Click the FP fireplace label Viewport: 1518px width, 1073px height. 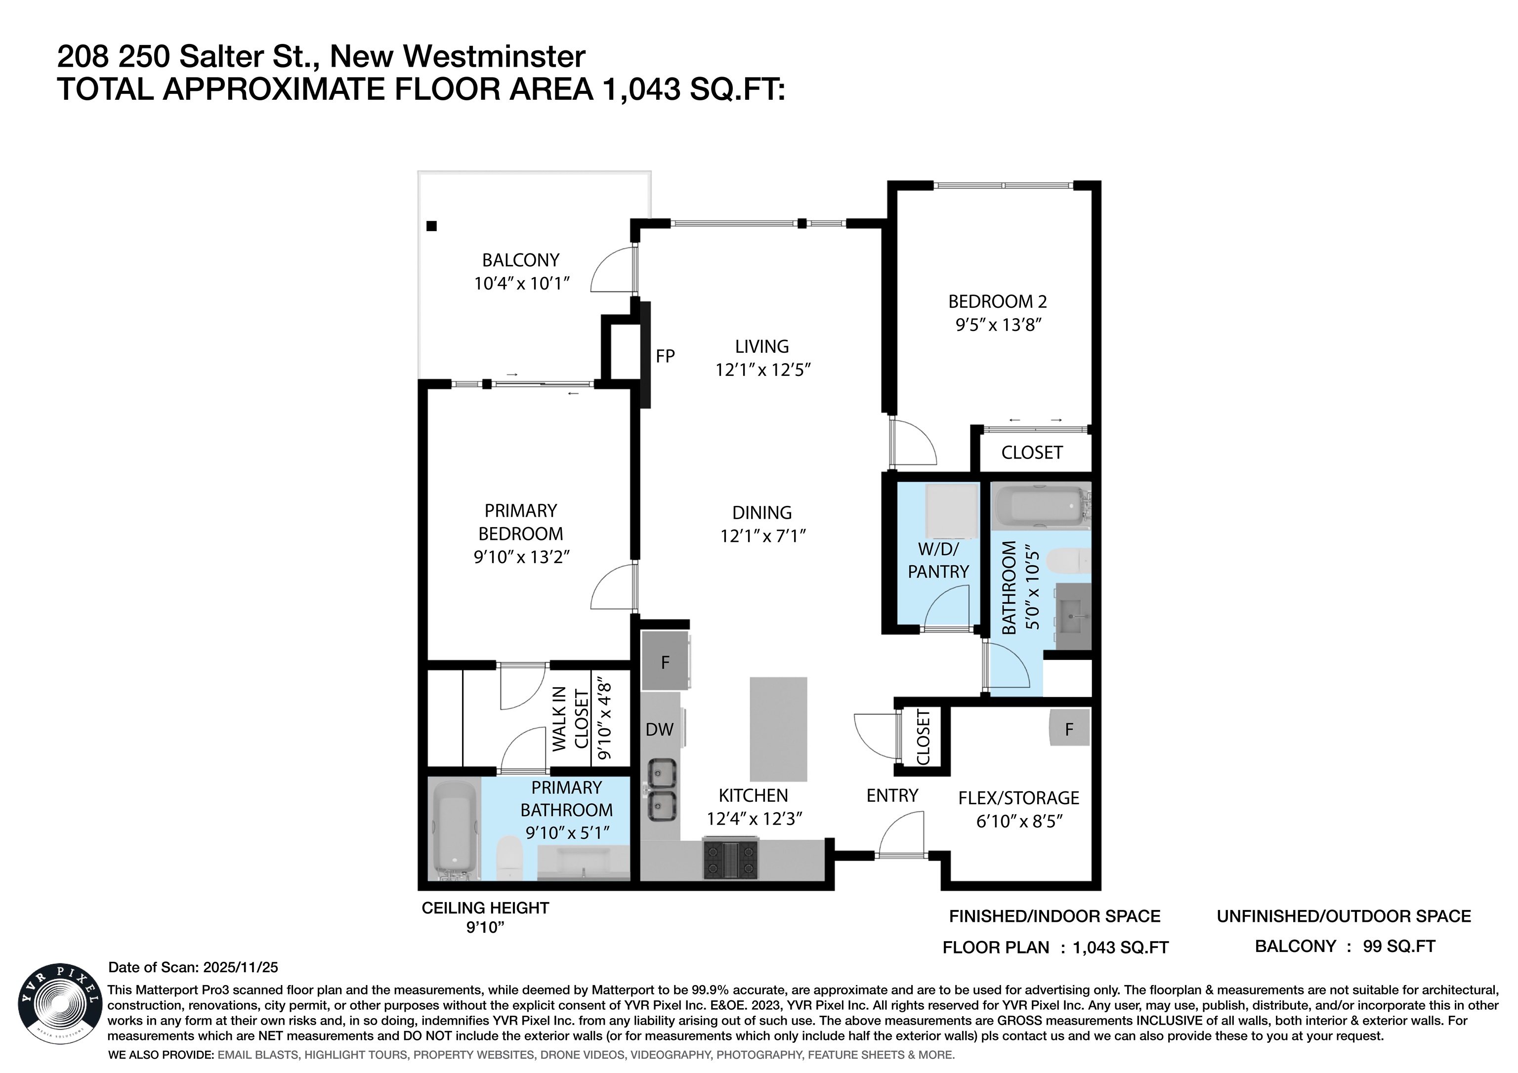[x=665, y=356]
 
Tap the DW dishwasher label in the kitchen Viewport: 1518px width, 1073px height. [x=659, y=729]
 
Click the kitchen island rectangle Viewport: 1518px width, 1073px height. [x=778, y=729]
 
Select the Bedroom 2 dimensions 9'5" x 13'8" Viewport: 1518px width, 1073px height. [x=998, y=325]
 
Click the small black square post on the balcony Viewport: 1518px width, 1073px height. [x=432, y=226]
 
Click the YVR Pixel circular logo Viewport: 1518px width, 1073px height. [x=59, y=1003]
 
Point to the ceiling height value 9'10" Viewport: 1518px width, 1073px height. [x=485, y=928]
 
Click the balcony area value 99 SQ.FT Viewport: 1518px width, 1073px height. [x=1399, y=946]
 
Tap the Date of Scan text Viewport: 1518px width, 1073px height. [x=193, y=967]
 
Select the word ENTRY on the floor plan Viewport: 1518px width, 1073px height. [x=892, y=795]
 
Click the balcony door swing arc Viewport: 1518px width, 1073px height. [x=610, y=268]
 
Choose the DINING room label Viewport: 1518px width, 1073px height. [x=761, y=512]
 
